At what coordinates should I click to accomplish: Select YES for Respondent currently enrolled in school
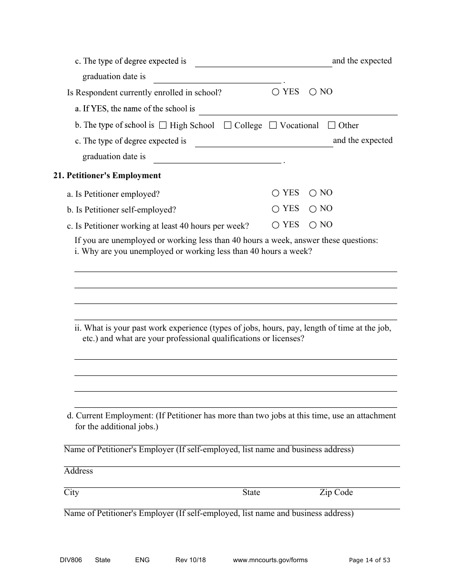pos(276,92)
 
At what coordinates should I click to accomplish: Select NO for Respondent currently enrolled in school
pos(313,92)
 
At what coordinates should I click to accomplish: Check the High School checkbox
pos(163,125)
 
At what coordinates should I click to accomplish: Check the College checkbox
pos(227,125)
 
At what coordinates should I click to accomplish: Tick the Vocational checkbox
pos(273,125)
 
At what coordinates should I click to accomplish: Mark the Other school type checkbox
pos(332,125)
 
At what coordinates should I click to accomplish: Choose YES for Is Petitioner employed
pos(276,193)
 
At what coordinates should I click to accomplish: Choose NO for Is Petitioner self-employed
pos(313,209)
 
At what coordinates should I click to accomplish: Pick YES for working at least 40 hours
pos(276,225)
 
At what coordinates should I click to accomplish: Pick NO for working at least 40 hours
pos(313,225)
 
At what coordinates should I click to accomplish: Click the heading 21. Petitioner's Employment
pos(107,176)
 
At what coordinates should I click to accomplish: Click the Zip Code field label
pos(336,493)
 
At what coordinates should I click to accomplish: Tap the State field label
pos(251,493)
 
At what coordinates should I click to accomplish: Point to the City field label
pos(72,493)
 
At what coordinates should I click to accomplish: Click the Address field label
pos(79,471)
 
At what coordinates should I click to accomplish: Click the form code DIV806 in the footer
pos(68,560)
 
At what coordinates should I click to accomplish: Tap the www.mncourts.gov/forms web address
pos(270,560)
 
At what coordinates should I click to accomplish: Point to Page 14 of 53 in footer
pos(370,560)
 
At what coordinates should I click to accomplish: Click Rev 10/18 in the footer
pos(191,560)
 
